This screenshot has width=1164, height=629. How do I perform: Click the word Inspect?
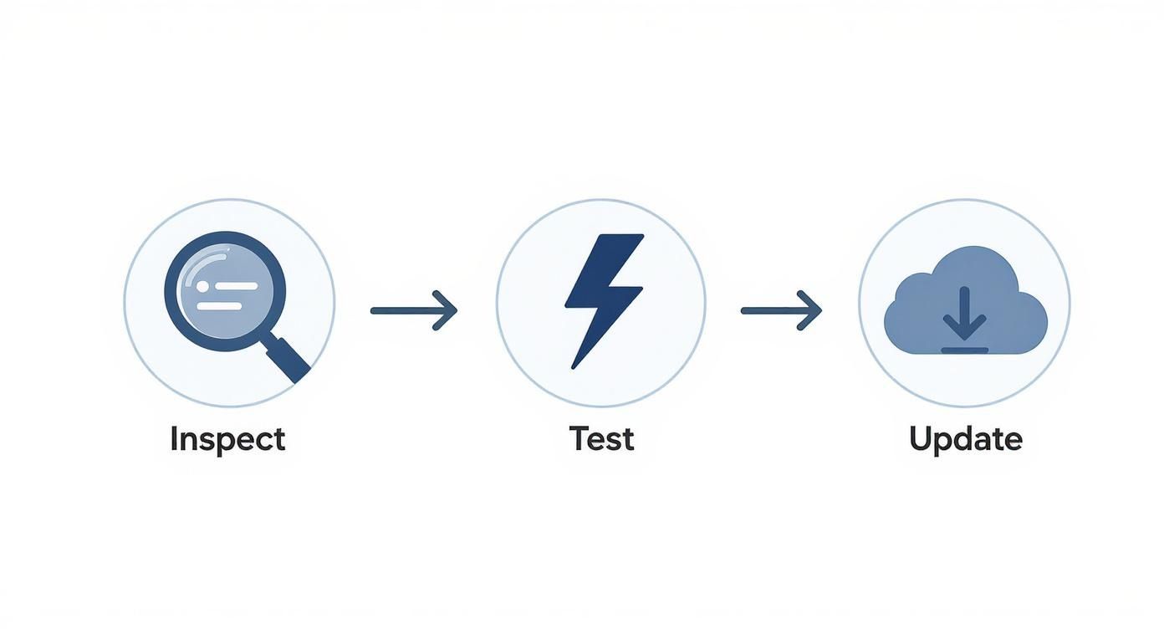227,440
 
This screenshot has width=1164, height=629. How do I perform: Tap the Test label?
601,438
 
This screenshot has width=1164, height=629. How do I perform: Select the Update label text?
966,440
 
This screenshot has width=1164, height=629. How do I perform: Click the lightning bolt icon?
605,301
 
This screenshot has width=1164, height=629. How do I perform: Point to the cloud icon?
966,300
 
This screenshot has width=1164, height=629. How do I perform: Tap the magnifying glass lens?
225,291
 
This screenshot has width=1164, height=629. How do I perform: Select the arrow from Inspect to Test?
414,311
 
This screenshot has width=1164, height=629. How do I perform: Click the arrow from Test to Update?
781,311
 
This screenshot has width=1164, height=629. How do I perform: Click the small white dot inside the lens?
202,286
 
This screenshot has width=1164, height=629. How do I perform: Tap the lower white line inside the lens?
219,306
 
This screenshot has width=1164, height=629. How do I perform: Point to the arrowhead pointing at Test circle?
446,311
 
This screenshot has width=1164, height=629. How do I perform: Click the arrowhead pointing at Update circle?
810,311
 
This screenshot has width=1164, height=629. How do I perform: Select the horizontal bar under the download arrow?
964,350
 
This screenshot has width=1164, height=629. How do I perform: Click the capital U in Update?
921,439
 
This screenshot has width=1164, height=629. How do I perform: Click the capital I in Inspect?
173,438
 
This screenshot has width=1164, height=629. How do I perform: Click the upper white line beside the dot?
237,286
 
